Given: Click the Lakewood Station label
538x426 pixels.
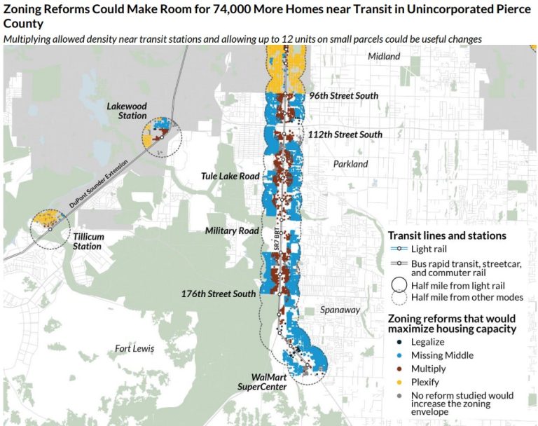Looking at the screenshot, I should click(x=126, y=111).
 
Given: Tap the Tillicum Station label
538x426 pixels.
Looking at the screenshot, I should click(x=88, y=241).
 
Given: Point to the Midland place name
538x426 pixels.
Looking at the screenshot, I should click(x=383, y=56).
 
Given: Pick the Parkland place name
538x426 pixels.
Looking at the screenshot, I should click(x=350, y=164).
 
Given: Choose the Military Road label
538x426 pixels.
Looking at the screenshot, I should click(x=232, y=231).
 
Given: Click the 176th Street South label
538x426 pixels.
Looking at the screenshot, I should click(x=218, y=294).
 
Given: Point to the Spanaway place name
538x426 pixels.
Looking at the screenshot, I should click(x=340, y=309).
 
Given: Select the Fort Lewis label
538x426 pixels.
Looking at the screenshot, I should click(x=134, y=348).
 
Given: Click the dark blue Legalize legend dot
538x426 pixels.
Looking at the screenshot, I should click(x=397, y=342).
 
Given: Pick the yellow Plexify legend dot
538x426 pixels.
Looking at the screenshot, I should click(x=397, y=382).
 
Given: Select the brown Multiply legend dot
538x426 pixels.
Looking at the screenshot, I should click(x=397, y=369).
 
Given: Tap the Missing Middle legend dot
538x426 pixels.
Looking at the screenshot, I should click(x=397, y=355).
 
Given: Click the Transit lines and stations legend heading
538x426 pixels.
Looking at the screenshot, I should click(x=447, y=235).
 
